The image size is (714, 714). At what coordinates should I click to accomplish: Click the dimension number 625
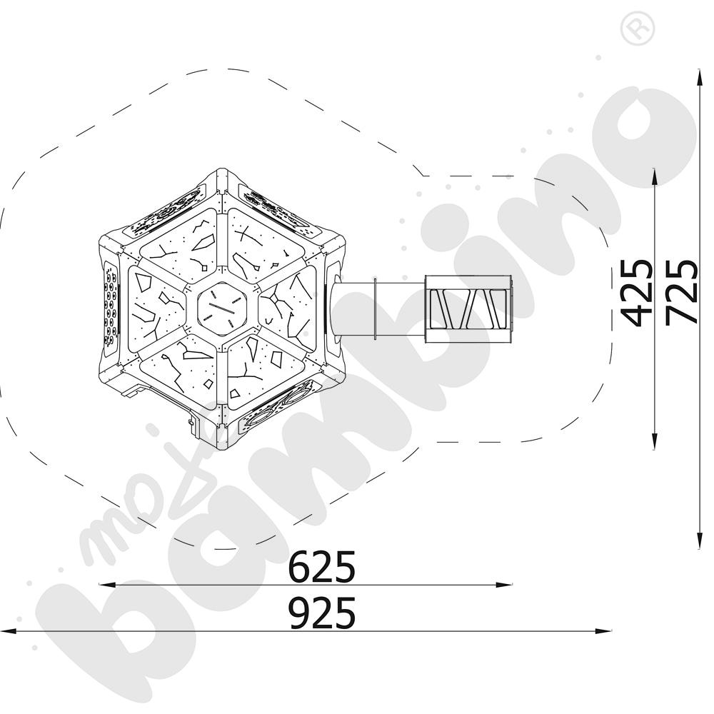[x=322, y=567]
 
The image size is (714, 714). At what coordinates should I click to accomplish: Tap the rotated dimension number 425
[x=638, y=293]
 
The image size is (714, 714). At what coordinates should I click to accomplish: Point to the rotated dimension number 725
[x=682, y=293]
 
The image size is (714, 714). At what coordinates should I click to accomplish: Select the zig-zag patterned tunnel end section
[x=468, y=308]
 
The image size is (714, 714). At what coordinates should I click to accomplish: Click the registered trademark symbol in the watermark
[x=638, y=29]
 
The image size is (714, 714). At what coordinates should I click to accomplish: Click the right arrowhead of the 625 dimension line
[x=506, y=585]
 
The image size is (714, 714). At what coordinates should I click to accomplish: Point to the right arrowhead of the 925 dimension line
[x=605, y=631]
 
